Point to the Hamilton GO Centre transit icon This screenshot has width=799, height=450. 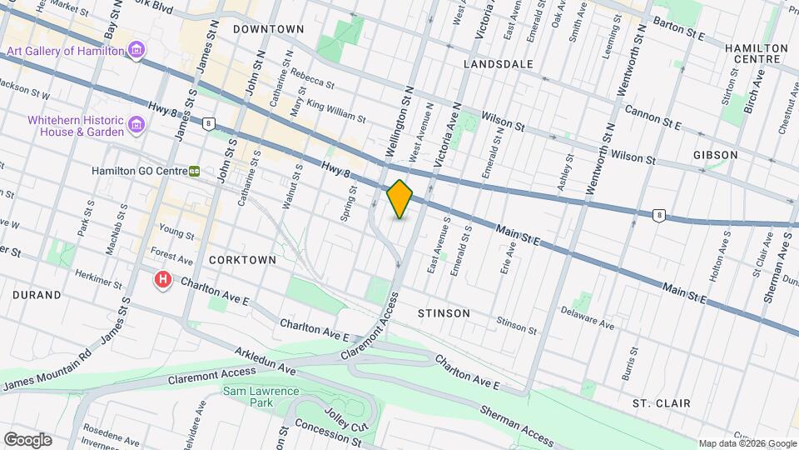point(194,171)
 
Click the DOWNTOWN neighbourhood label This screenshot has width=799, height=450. point(268,29)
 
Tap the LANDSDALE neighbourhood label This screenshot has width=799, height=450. point(498,63)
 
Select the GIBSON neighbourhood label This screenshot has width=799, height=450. point(715,155)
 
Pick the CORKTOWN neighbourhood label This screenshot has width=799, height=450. point(242,260)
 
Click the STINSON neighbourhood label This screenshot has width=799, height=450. point(443,313)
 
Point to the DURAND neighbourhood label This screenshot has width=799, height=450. point(37,295)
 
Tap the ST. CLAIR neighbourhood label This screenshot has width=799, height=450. point(661,403)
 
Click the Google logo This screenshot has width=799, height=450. point(27,439)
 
